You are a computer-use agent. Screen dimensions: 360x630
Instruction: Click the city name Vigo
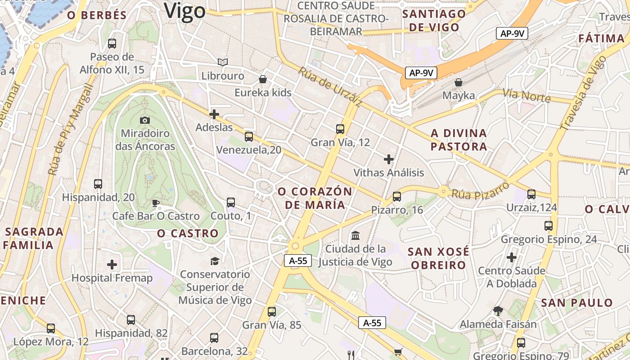pyautogui.click(x=184, y=11)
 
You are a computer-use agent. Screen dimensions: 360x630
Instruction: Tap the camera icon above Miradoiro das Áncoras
pyautogui.click(x=144, y=120)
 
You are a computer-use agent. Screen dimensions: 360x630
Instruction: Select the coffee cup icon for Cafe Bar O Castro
pyautogui.click(x=156, y=203)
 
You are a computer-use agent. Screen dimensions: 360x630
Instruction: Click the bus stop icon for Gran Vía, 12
pyautogui.click(x=340, y=129)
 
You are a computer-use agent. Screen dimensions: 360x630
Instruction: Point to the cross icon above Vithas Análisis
pyautogui.click(x=389, y=159)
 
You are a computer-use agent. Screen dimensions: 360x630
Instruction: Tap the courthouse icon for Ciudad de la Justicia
pyautogui.click(x=355, y=235)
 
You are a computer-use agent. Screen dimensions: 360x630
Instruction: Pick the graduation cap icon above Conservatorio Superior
pyautogui.click(x=215, y=261)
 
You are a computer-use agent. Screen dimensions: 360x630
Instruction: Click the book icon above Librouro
pyautogui.click(x=222, y=62)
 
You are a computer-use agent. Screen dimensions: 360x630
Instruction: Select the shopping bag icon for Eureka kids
pyautogui.click(x=263, y=80)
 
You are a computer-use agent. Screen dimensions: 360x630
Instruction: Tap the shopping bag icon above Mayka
pyautogui.click(x=459, y=82)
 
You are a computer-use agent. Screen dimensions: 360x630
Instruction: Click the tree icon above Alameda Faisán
pyautogui.click(x=498, y=310)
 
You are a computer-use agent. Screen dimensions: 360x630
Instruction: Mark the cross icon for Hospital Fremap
pyautogui.click(x=112, y=265)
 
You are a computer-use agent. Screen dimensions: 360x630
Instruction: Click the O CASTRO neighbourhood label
pyautogui.click(x=188, y=234)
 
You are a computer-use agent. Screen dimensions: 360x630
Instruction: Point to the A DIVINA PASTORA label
pyautogui.click(x=459, y=140)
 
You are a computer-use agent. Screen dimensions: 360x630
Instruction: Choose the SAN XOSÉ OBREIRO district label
pyautogui.click(x=438, y=258)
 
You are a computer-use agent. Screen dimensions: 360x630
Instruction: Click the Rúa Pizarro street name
pyautogui.click(x=480, y=191)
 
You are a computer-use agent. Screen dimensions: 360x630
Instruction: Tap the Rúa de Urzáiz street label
pyautogui.click(x=330, y=87)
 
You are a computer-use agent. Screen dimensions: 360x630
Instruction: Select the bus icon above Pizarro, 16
pyautogui.click(x=396, y=197)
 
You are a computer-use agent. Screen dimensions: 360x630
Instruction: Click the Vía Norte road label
pyautogui.click(x=526, y=95)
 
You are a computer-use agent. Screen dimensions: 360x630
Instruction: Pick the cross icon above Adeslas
pyautogui.click(x=214, y=114)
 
